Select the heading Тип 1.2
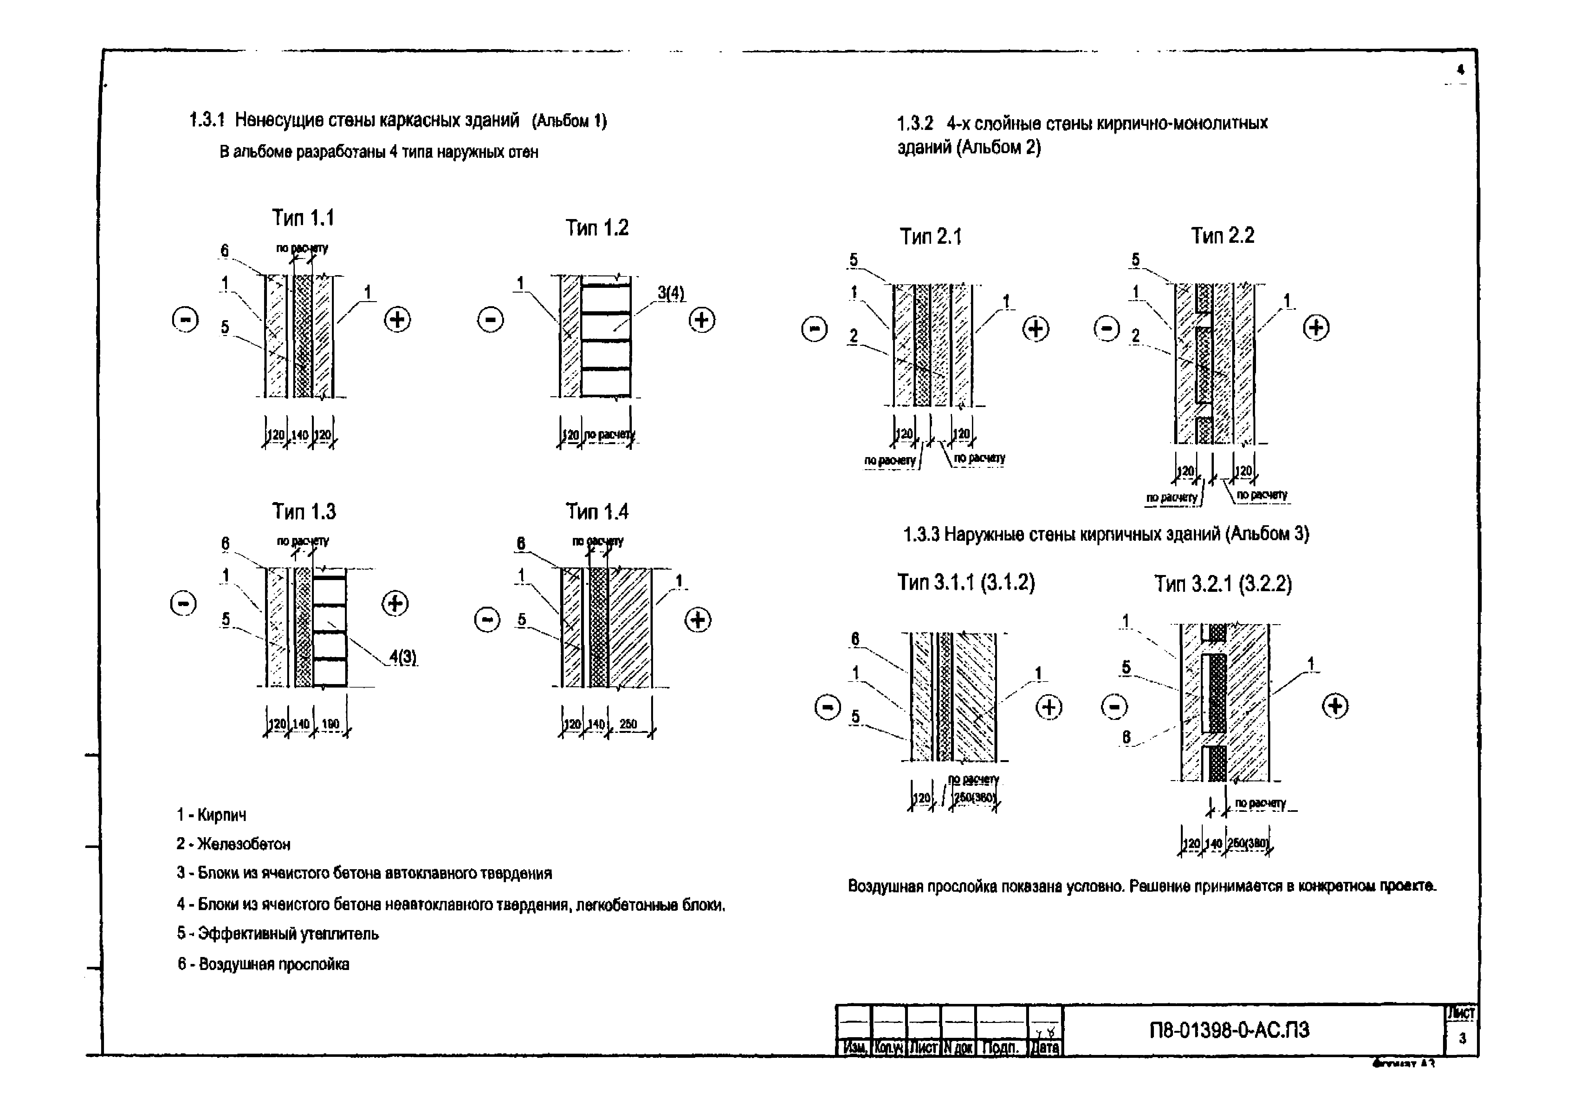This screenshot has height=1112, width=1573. pos(597,228)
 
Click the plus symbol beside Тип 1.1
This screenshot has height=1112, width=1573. pos(397,319)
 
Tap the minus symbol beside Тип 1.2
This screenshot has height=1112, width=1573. pos(490,320)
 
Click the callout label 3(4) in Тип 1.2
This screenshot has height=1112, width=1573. pos(671,293)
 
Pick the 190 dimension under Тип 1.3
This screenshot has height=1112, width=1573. pos(330,724)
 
